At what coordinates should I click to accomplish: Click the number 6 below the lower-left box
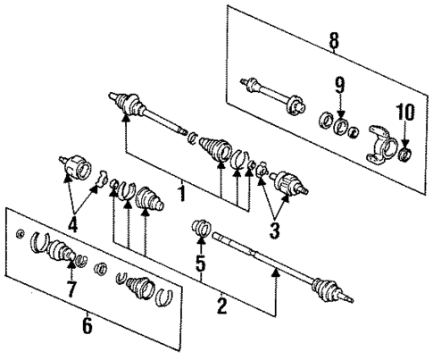click(86, 327)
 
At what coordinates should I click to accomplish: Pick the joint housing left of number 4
click(76, 166)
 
